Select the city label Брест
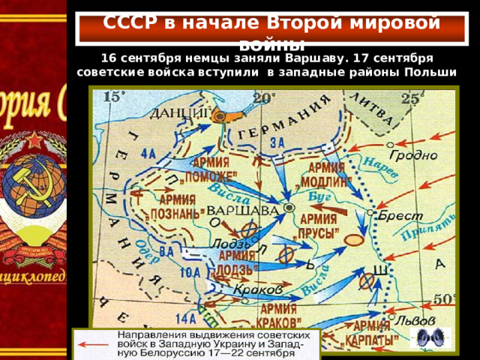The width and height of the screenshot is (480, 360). (x=400, y=216)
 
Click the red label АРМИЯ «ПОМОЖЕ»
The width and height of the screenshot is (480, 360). (x=211, y=169)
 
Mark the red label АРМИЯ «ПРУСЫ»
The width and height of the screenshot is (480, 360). (x=318, y=223)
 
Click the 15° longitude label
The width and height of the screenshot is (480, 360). (x=114, y=96)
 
